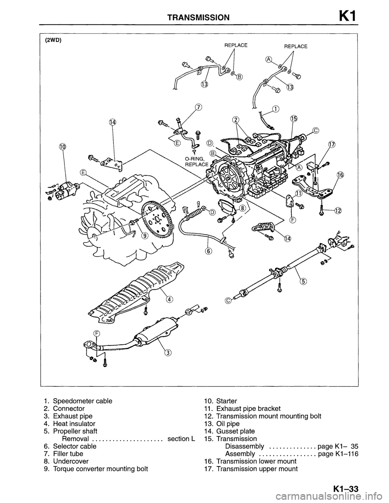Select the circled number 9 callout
point(144,237)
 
